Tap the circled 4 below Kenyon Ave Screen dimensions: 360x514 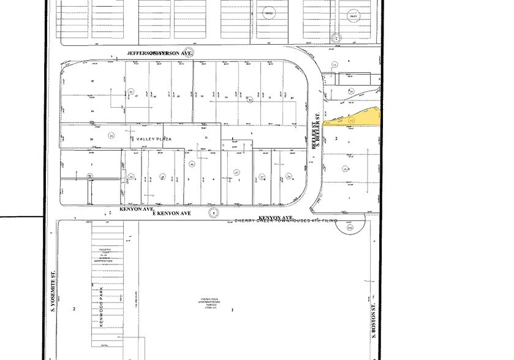(x=213, y=213)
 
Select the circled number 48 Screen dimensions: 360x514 (x=163, y=178)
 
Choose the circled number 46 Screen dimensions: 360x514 (x=192, y=164)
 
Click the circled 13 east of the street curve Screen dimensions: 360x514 (x=334, y=64)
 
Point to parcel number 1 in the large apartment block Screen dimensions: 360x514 (x=233, y=310)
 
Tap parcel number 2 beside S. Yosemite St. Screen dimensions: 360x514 (x=74, y=309)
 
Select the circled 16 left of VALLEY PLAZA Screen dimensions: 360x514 (x=111, y=135)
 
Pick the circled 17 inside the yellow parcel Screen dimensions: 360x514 (x=351, y=121)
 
